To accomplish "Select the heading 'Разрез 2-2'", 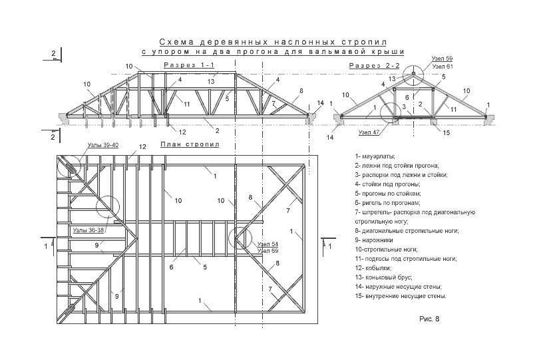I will (374, 66).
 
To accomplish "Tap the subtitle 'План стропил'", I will (190, 144).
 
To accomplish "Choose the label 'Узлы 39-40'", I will (102, 144).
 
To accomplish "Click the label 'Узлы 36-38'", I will (87, 230).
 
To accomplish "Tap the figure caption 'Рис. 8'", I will (429, 319).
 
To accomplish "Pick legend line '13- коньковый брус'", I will (384, 276).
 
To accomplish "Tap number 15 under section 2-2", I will (447, 132).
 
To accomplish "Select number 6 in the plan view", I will (171, 268).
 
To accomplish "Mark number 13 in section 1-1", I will (210, 81).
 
